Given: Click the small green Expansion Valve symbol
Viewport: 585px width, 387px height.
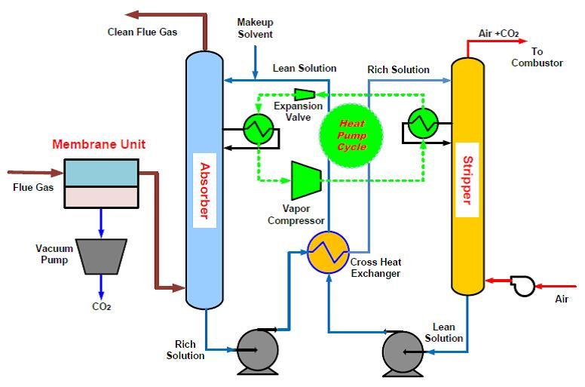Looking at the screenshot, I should pos(304,94).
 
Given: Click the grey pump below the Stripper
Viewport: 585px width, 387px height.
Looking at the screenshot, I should pos(401,351).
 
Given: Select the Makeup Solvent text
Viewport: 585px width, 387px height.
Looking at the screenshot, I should pos(255,29).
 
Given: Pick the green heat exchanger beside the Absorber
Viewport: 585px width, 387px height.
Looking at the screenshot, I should pos(259,128).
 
